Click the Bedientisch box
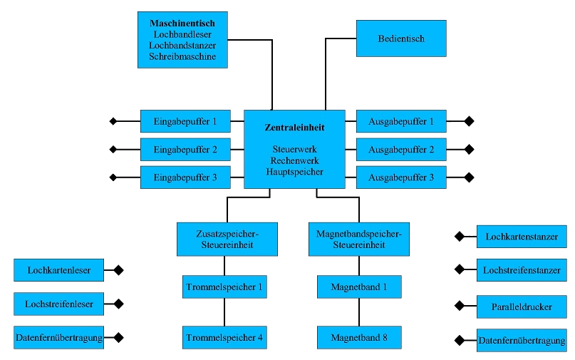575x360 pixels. (x=401, y=38)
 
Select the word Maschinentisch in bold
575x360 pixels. (x=182, y=24)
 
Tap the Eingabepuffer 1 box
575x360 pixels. (x=185, y=121)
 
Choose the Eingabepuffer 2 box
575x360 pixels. (x=185, y=150)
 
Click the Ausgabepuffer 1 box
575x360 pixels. (x=401, y=121)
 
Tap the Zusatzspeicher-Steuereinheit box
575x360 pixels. (x=227, y=239)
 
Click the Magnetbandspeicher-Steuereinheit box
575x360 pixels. (x=358, y=239)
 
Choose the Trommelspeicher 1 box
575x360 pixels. (x=224, y=287)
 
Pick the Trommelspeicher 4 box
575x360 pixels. (x=224, y=337)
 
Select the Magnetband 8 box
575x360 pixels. (x=359, y=337)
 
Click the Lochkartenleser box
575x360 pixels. (x=58, y=271)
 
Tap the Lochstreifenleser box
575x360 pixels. (x=58, y=304)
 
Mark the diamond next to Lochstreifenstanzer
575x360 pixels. (x=460, y=269)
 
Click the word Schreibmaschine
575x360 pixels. (x=182, y=56)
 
